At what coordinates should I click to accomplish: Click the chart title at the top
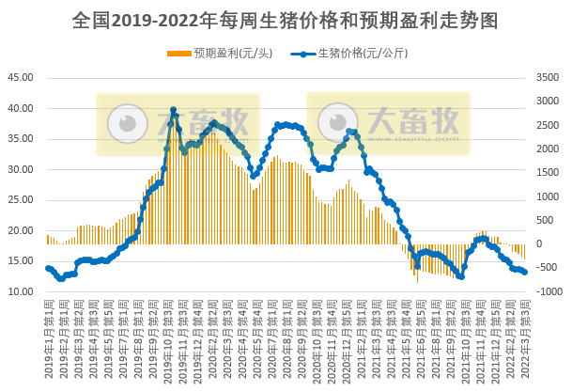pyautogui.click(x=285, y=19)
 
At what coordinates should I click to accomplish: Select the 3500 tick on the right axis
pyautogui.click(x=548, y=78)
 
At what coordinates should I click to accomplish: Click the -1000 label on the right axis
pyautogui.click(x=548, y=292)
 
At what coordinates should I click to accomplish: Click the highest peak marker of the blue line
pyautogui.click(x=174, y=110)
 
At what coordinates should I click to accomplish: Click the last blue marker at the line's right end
pyautogui.click(x=524, y=273)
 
